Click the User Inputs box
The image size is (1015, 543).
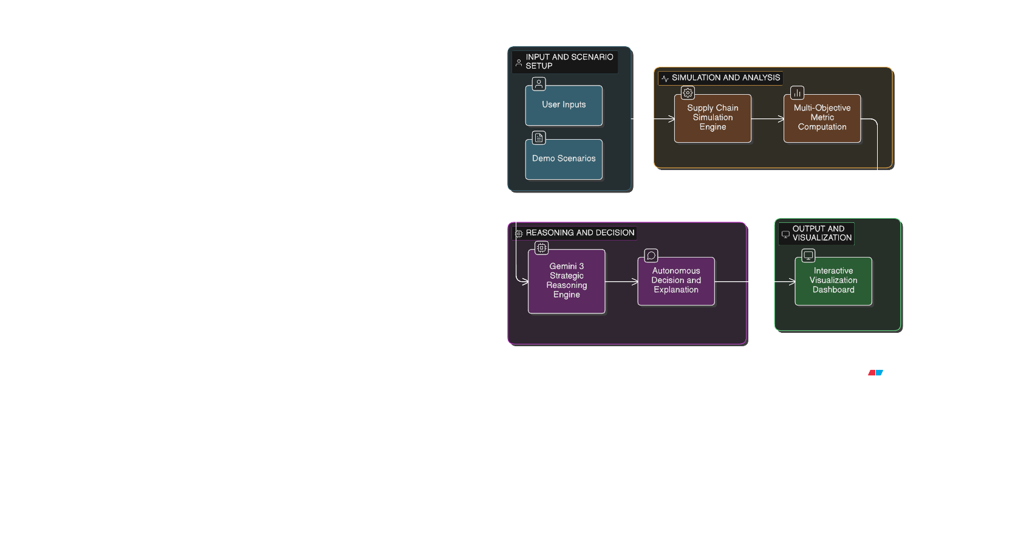[564, 106]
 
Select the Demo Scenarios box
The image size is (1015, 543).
[564, 159]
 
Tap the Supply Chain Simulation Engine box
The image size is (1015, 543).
[713, 118]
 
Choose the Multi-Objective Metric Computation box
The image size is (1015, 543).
[822, 118]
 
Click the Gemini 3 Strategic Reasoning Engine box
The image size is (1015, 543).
[566, 281]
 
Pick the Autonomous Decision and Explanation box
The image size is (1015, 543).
[675, 281]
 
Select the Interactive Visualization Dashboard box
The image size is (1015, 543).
[833, 281]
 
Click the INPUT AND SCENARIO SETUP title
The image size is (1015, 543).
[569, 61]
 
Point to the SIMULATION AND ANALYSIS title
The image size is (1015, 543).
[725, 78]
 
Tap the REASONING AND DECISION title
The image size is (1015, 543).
[579, 233]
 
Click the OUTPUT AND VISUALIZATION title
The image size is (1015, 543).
[821, 233]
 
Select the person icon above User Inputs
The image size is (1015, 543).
[539, 84]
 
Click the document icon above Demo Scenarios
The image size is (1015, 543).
[539, 138]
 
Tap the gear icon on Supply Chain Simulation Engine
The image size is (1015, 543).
[688, 93]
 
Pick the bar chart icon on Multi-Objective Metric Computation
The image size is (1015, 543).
[797, 93]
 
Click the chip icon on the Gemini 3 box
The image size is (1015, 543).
[541, 248]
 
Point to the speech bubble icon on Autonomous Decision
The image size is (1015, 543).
[651, 256]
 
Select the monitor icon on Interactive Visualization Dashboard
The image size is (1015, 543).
[808, 256]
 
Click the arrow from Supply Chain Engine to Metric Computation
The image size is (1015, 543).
[767, 119]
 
